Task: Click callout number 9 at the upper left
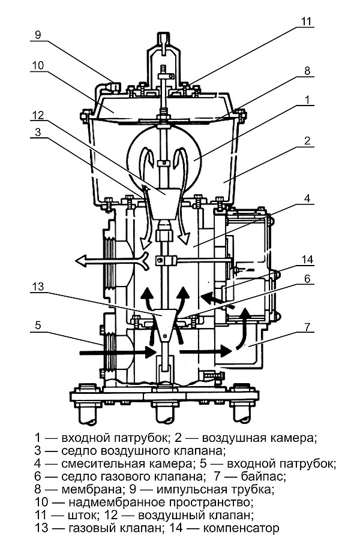(38, 34)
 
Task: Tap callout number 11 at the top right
(306, 21)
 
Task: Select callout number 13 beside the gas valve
(38, 287)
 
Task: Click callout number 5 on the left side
(38, 325)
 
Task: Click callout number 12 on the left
(38, 115)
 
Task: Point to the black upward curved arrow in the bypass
(242, 328)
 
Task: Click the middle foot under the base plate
(164, 412)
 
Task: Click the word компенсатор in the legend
(241, 528)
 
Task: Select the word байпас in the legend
(263, 476)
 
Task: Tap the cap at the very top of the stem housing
(164, 38)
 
